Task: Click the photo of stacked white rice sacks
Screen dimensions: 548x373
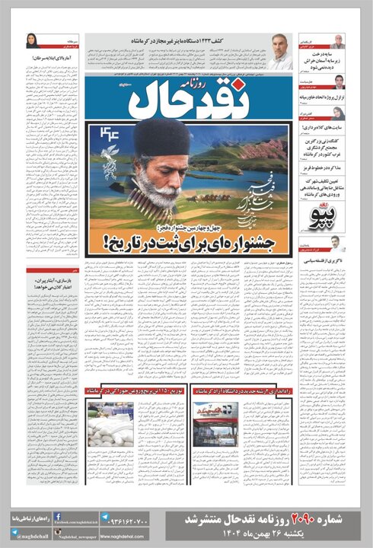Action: coord(110,423)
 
